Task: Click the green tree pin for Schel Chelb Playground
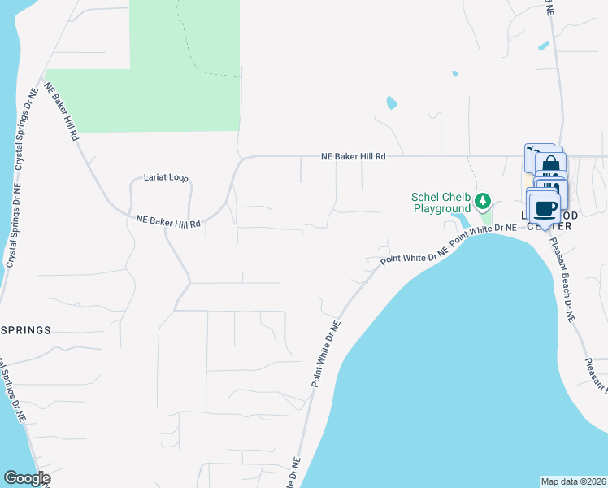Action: (484, 200)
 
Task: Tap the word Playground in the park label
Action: (441, 209)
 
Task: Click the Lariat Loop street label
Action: (166, 177)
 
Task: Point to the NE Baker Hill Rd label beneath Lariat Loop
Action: (168, 220)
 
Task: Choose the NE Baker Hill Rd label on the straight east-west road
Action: (353, 155)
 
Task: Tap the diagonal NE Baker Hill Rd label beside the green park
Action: (62, 111)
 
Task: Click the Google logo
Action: (26, 478)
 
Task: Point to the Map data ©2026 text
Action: (573, 481)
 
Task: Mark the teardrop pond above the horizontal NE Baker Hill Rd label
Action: (392, 103)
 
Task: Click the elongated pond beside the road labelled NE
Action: (543, 46)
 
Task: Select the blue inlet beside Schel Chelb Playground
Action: (464, 220)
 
